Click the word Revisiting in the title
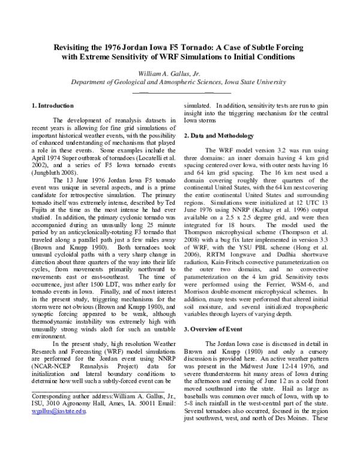(x=73, y=47)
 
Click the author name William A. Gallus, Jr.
(x=180, y=72)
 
